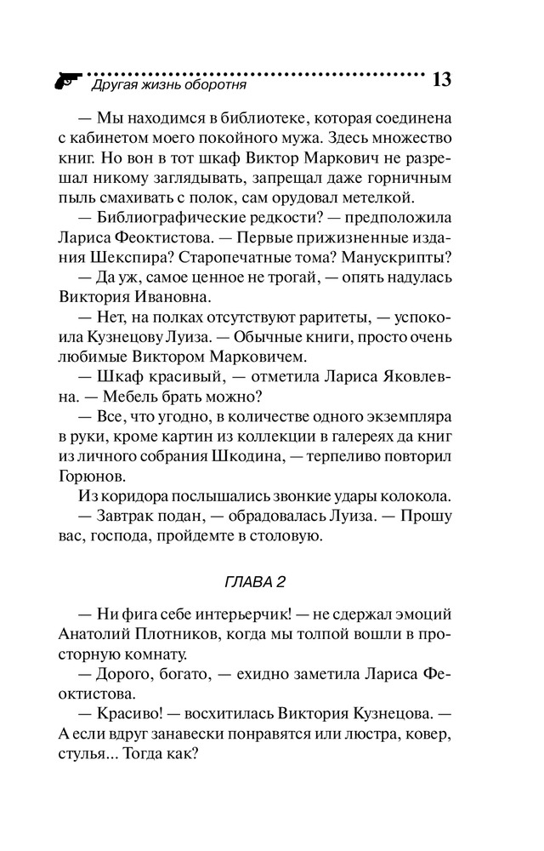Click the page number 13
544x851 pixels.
(x=441, y=80)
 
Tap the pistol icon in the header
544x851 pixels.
(x=65, y=82)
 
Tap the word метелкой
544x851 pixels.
(x=377, y=199)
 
